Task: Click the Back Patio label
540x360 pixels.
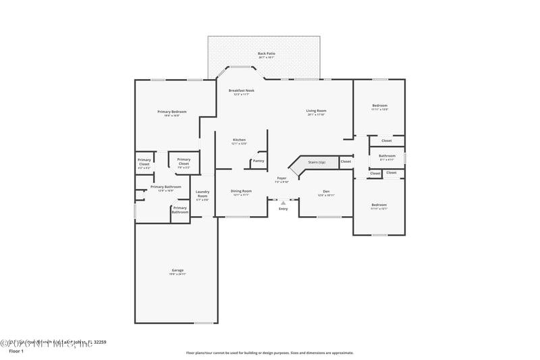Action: (x=267, y=53)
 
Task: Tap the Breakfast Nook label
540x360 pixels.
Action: (x=241, y=91)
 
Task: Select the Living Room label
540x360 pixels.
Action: (x=317, y=111)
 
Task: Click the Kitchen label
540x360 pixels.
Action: (x=239, y=140)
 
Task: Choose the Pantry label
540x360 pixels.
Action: (x=259, y=161)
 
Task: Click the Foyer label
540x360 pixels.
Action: (x=281, y=178)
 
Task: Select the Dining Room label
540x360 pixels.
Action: (x=241, y=191)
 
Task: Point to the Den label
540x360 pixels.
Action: (x=326, y=192)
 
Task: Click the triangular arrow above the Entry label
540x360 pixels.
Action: (x=283, y=203)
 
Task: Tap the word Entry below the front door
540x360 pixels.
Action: (x=283, y=209)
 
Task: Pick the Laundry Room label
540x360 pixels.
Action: (x=202, y=194)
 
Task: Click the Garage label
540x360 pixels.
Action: (x=177, y=270)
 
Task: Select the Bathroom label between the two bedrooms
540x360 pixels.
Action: (x=387, y=156)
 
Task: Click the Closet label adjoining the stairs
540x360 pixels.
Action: (x=346, y=161)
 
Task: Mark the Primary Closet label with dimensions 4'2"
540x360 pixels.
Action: (x=144, y=162)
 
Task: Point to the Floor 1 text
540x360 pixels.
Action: (x=16, y=351)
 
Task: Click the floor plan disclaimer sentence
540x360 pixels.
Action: (x=269, y=353)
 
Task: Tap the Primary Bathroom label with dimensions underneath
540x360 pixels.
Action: (x=165, y=186)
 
